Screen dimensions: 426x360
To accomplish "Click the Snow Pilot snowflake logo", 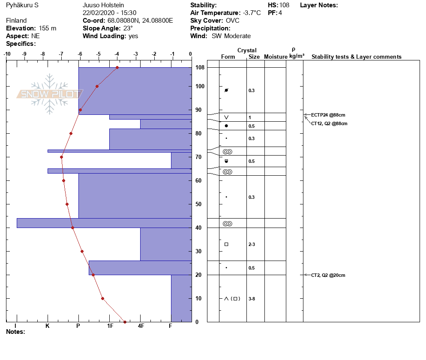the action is pyautogui.click(x=49, y=94).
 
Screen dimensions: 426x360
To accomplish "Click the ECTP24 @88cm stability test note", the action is pyautogui.click(x=328, y=115).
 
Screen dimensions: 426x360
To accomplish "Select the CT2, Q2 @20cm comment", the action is pyautogui.click(x=328, y=275).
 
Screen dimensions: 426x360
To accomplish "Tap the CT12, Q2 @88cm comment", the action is pyautogui.click(x=329, y=123).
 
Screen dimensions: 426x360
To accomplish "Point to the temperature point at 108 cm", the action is pyautogui.click(x=117, y=67).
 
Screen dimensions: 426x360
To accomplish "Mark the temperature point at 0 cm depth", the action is pyautogui.click(x=125, y=322).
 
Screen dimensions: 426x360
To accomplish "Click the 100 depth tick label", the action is pyautogui.click(x=200, y=87).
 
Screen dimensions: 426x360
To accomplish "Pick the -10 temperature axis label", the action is pyautogui.click(x=7, y=54).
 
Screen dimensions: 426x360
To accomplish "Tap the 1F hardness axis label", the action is pyautogui.click(x=110, y=326).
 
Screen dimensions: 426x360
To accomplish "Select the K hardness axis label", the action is pyautogui.click(x=48, y=326).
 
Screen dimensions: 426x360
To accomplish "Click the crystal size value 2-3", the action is pyautogui.click(x=252, y=245).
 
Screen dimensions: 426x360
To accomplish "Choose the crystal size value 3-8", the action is pyautogui.click(x=252, y=299).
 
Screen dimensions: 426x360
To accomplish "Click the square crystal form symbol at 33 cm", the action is pyautogui.click(x=226, y=244).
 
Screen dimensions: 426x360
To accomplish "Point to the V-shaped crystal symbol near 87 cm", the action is pyautogui.click(x=226, y=117).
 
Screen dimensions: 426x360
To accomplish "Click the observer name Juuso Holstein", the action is pyautogui.click(x=103, y=5).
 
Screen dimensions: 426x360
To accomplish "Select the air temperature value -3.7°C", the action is pyautogui.click(x=252, y=13).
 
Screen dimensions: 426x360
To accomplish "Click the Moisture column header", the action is pyautogui.click(x=276, y=57).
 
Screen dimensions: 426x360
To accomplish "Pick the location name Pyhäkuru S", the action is pyautogui.click(x=22, y=5).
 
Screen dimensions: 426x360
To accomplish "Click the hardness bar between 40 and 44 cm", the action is pyautogui.click(x=104, y=223).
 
